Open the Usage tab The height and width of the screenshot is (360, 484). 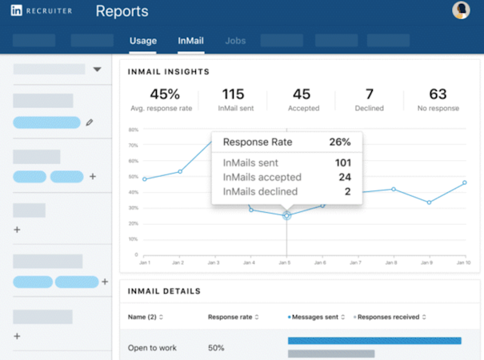coord(143,40)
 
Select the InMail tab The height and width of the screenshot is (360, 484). coord(190,40)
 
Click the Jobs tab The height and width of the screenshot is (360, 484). coord(235,40)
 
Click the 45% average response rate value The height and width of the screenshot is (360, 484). coord(164,94)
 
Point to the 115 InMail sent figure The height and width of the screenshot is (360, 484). coord(233,94)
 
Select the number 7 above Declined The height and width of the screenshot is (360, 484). coord(369,94)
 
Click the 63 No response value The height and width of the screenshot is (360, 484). coord(438,94)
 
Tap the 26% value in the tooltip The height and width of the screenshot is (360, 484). coord(340,142)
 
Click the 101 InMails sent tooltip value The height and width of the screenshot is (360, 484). coord(342,163)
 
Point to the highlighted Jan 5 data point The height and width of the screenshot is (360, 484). coord(287,214)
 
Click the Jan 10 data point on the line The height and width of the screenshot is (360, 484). coord(464,182)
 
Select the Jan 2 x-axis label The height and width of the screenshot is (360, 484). coord(179,262)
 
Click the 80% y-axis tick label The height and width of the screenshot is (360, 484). coord(134,130)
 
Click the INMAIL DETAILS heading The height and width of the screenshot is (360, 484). coord(165,291)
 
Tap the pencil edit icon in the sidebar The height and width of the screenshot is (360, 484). coord(90,122)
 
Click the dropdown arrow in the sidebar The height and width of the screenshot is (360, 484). coord(97,70)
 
